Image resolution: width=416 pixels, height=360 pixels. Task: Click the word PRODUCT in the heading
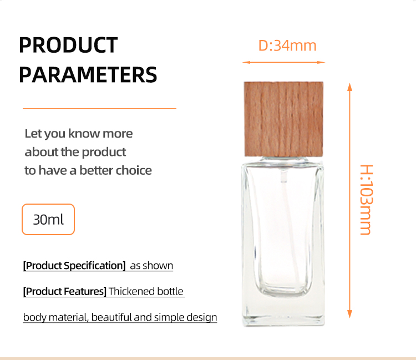point(68,45)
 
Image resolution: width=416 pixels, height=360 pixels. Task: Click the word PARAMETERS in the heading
point(88,75)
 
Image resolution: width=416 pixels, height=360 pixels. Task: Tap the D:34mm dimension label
point(287,45)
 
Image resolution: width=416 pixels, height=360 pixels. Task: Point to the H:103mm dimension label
point(367,200)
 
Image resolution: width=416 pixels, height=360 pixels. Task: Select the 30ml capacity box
point(48,220)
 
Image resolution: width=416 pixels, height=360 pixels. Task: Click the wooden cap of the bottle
point(283,119)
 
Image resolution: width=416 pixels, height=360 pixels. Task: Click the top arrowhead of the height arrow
point(349,87)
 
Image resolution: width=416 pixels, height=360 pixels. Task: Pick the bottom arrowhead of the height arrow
point(349,314)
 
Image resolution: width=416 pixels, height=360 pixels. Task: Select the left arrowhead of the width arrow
point(246,62)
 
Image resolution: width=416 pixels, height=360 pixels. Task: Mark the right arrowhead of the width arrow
point(321,62)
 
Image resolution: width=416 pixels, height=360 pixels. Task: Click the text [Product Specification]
point(74,266)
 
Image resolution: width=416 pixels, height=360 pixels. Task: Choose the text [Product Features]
point(65,291)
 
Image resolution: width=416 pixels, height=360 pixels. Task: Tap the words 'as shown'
point(151,266)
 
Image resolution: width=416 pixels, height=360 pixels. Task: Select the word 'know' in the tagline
point(84,134)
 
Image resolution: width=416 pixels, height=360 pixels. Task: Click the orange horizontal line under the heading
point(99,108)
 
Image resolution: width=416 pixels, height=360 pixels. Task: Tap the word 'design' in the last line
point(202,317)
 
